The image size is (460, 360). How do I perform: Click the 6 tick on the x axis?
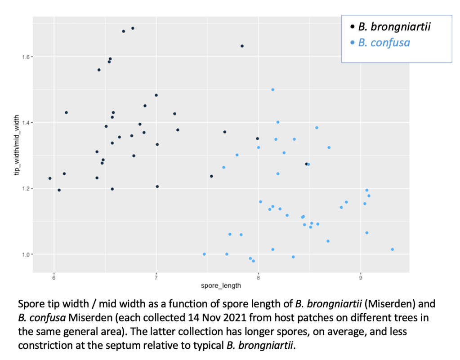54,278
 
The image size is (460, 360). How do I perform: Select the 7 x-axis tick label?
156,278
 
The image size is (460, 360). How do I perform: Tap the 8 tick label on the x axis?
259,278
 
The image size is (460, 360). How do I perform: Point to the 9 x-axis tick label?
361,278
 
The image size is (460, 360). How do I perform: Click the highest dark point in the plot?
133,28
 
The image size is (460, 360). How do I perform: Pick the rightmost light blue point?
393,249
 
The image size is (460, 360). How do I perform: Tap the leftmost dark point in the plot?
50,178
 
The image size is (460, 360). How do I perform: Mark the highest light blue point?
272,89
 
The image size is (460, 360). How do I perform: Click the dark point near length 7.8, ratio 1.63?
242,46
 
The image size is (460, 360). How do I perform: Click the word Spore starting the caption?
31,304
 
